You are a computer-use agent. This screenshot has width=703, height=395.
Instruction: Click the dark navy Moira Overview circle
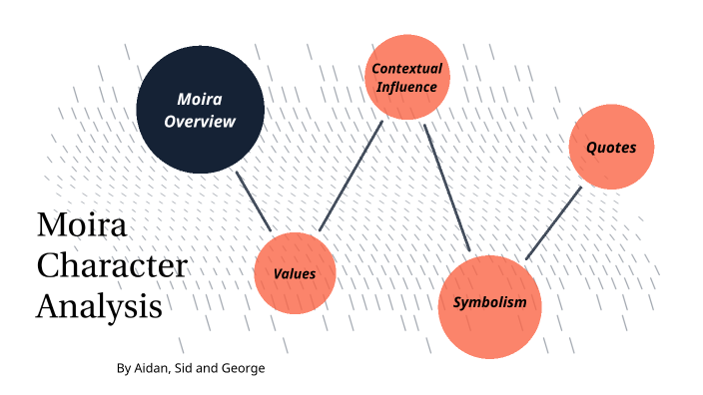tap(200, 110)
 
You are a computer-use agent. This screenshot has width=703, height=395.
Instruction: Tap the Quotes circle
tap(611, 147)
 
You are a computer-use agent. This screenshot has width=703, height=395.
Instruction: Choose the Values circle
tap(295, 272)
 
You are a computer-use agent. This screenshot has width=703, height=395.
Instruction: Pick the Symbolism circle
tap(489, 304)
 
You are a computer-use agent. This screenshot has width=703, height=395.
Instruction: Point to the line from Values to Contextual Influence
tap(351, 177)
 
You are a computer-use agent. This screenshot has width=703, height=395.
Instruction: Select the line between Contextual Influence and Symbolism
tap(446, 188)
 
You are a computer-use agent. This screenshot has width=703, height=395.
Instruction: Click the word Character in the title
tap(111, 265)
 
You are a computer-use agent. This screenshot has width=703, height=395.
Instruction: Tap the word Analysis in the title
tap(99, 304)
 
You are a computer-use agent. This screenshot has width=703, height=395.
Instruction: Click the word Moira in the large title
tap(81, 225)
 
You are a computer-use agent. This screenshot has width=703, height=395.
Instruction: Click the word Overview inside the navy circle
tap(200, 122)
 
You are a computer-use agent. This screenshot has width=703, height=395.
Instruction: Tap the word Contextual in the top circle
tap(406, 69)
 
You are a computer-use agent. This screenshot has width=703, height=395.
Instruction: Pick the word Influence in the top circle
tap(406, 87)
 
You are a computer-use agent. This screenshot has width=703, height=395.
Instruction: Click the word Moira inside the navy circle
tap(200, 99)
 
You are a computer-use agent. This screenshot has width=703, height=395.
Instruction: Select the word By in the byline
tap(124, 369)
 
